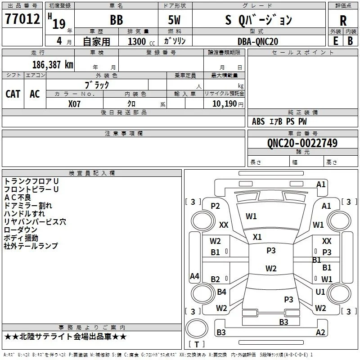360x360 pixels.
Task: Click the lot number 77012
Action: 22,19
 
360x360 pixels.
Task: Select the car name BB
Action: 117,20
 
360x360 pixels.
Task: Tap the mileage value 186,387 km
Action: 53,65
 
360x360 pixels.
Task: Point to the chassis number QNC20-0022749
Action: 302,143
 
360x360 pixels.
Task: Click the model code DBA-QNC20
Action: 258,41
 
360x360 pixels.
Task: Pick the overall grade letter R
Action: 343,21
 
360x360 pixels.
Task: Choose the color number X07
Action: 74,104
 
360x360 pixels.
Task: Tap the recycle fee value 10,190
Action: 225,104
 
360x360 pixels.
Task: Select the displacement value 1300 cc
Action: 141,42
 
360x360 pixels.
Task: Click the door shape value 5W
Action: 174,20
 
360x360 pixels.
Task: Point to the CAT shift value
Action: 13,94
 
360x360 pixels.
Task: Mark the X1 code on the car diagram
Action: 257,237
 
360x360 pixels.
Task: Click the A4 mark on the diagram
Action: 194,276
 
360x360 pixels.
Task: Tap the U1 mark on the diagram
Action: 320,292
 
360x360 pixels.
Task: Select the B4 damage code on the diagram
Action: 221,292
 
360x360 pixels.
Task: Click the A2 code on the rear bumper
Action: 320,332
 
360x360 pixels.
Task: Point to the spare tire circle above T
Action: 197,328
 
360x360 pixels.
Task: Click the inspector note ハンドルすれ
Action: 24,213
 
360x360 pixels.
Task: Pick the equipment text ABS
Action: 258,121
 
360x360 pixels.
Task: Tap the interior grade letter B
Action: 351,41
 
